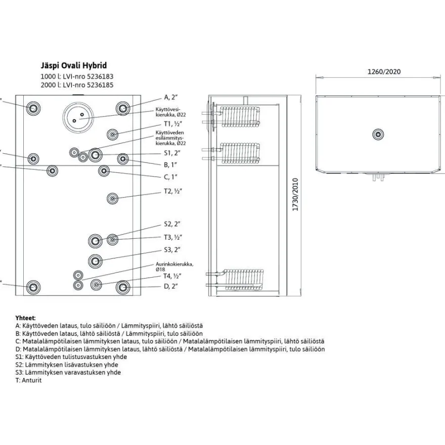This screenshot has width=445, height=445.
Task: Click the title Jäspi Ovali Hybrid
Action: click(74, 66)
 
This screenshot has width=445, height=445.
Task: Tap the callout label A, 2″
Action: click(171, 97)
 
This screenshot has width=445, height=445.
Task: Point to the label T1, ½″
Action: click(173, 124)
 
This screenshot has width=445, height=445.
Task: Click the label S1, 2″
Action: click(172, 153)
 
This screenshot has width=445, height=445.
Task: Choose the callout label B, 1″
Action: click(170, 165)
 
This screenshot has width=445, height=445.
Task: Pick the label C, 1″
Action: click(170, 177)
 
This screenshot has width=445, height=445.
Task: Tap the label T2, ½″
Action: click(173, 191)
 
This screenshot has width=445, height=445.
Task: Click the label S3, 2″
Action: click(172, 250)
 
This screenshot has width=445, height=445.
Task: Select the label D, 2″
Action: click(171, 286)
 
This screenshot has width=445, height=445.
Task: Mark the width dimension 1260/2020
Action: click(384, 71)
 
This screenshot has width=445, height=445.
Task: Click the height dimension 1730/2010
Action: click(295, 194)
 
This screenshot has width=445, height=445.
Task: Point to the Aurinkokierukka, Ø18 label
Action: click(174, 266)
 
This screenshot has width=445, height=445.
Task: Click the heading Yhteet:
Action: click(26, 318)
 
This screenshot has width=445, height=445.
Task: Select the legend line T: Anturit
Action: click(28, 380)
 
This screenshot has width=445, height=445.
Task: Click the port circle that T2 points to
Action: click(112, 198)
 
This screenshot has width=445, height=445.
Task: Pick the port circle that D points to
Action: click(123, 288)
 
